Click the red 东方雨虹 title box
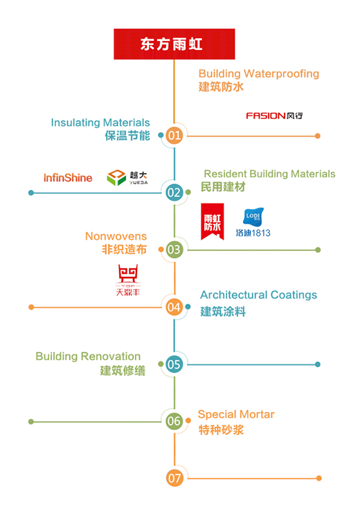coord(174,44)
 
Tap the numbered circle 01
coord(174,135)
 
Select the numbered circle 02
coord(174,193)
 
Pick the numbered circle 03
coord(174,249)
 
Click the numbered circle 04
coord(174,307)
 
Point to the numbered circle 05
coord(174,364)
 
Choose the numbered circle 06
coord(174,421)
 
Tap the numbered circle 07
coord(174,478)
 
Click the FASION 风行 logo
coord(274,116)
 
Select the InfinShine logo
coord(68,177)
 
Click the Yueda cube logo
coord(127,177)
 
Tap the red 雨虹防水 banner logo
coord(213,222)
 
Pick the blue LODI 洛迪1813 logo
coord(253,222)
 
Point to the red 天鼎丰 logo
coord(128,280)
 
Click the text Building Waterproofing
coord(259,73)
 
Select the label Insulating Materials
coord(100,123)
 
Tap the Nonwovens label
coord(116,236)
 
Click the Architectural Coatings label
coord(258,295)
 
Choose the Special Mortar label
coord(236,415)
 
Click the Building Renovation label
coord(88,357)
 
